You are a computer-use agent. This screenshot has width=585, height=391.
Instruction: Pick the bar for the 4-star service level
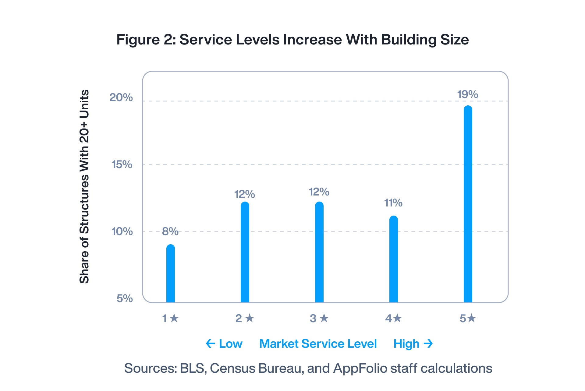pyautogui.click(x=394, y=259)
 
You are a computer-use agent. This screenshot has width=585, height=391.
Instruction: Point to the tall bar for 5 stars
pyautogui.click(x=468, y=204)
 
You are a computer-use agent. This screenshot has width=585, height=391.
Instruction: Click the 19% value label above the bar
pyautogui.click(x=468, y=94)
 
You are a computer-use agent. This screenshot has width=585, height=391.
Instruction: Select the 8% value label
pyautogui.click(x=170, y=231)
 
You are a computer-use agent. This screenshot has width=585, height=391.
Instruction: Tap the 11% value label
pyautogui.click(x=393, y=203)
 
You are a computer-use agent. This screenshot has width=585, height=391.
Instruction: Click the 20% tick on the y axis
pyautogui.click(x=121, y=97)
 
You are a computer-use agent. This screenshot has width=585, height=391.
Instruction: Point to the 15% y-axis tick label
pyautogui.click(x=122, y=164)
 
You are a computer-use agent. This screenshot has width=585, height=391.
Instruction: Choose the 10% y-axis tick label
pyautogui.click(x=122, y=231)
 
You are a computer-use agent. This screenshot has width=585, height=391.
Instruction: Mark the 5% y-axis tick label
pyautogui.click(x=124, y=298)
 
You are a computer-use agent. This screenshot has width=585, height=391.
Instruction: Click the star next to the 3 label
pyautogui.click(x=324, y=318)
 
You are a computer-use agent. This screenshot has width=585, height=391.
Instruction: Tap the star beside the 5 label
pyautogui.click(x=472, y=318)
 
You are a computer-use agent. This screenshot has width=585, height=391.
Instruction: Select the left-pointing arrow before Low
pyautogui.click(x=210, y=343)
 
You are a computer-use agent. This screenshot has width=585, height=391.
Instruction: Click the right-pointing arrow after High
pyautogui.click(x=428, y=343)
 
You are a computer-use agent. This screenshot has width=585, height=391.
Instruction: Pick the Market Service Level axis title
pyautogui.click(x=318, y=343)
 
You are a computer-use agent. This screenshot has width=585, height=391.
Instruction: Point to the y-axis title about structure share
pyautogui.click(x=84, y=186)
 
